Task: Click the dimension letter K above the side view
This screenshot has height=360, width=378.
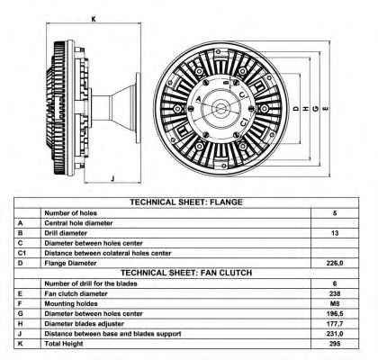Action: pos(94,19)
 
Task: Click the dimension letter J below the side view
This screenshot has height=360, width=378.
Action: pos(112,179)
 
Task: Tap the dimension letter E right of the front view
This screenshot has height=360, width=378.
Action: pos(325,109)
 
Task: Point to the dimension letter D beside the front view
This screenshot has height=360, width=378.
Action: pos(296,109)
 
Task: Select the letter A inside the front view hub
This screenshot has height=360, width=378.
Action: pos(198,99)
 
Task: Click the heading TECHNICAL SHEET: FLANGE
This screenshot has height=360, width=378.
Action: pos(186,202)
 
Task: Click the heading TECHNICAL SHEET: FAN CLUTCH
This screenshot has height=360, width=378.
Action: pos(186,273)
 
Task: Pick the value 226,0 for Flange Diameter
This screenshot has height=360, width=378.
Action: pos(335,263)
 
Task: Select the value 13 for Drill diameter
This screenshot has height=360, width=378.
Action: pos(335,233)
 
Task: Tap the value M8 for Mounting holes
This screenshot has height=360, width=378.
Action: pos(335,303)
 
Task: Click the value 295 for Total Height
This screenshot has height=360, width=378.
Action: pos(335,344)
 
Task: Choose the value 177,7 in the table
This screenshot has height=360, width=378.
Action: pos(335,324)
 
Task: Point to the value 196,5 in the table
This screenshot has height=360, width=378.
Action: pos(335,314)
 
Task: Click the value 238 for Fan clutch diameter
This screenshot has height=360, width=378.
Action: pos(335,293)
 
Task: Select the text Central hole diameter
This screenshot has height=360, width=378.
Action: pos(78,223)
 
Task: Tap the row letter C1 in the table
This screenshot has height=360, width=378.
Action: pos(22,253)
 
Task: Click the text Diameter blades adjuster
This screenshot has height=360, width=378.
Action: pos(84,324)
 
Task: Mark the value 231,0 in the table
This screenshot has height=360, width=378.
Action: pos(335,334)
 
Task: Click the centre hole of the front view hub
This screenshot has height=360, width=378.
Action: pos(221,108)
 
